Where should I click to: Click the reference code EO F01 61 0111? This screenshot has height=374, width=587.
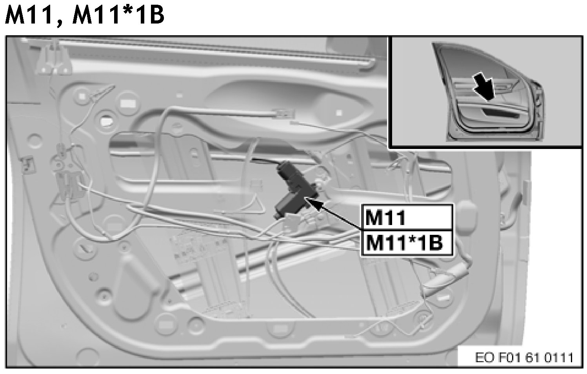(524, 358)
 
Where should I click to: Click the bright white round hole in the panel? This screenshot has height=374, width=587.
(106, 120)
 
